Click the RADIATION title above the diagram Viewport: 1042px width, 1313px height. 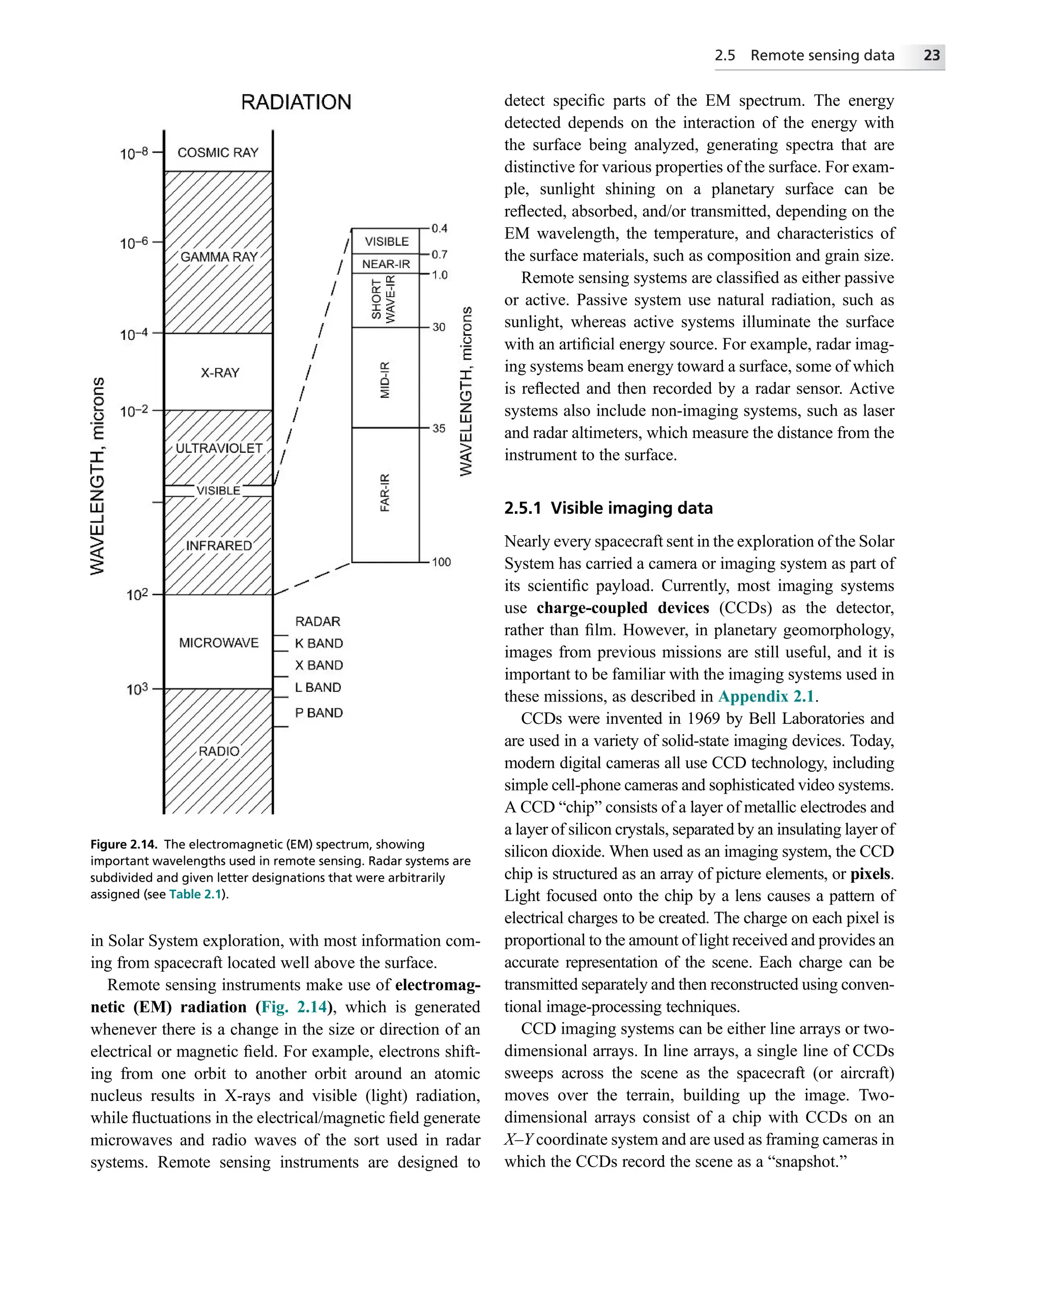pos(296,102)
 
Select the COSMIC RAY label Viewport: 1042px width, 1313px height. pos(218,152)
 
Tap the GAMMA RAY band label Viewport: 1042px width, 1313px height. pos(219,257)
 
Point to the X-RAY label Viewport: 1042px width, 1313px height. pos(220,373)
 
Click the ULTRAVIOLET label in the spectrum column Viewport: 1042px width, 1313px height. pos(219,448)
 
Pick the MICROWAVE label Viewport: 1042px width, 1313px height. pos(219,643)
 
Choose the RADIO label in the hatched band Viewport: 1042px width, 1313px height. pos(219,751)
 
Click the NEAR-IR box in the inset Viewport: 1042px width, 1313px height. pos(386,264)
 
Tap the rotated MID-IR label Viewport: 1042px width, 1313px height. pos(385,380)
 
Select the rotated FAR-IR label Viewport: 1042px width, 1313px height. pos(385,492)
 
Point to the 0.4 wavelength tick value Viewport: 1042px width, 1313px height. pos(439,228)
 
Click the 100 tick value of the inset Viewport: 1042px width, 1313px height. pos(441,562)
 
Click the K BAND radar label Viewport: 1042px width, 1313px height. pos(319,643)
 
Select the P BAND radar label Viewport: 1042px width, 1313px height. pos(319,713)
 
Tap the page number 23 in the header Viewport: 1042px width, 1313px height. pos(931,55)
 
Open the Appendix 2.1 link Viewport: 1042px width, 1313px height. pos(766,696)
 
